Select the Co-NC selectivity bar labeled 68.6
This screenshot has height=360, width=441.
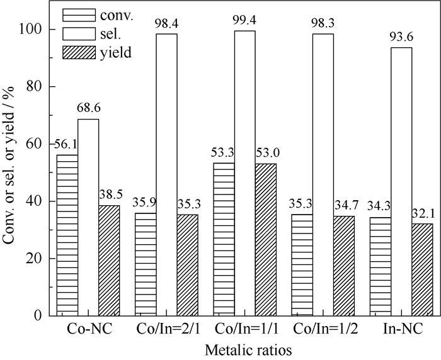pyautogui.click(x=88, y=217)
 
